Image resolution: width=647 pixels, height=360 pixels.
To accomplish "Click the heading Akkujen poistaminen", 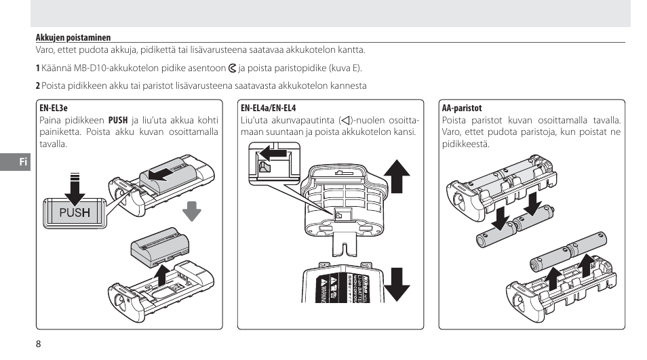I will (73, 38).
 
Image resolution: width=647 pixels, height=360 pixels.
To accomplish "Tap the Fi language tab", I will (22, 162).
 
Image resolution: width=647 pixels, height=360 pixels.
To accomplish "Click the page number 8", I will (39, 343).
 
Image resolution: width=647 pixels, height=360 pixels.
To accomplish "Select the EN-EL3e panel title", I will (54, 108).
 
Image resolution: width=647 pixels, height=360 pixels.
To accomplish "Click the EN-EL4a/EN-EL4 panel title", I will (269, 108).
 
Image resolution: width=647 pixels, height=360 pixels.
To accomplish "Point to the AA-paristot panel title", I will (461, 108).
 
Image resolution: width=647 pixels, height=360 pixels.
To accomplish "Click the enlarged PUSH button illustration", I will (74, 212).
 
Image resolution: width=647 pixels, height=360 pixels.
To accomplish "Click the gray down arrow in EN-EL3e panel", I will (192, 211).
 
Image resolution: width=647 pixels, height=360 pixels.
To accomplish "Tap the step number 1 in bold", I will (37, 68).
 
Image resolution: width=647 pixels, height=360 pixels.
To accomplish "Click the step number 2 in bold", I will (37, 85).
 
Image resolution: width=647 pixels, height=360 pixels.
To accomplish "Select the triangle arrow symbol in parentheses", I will (347, 120).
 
